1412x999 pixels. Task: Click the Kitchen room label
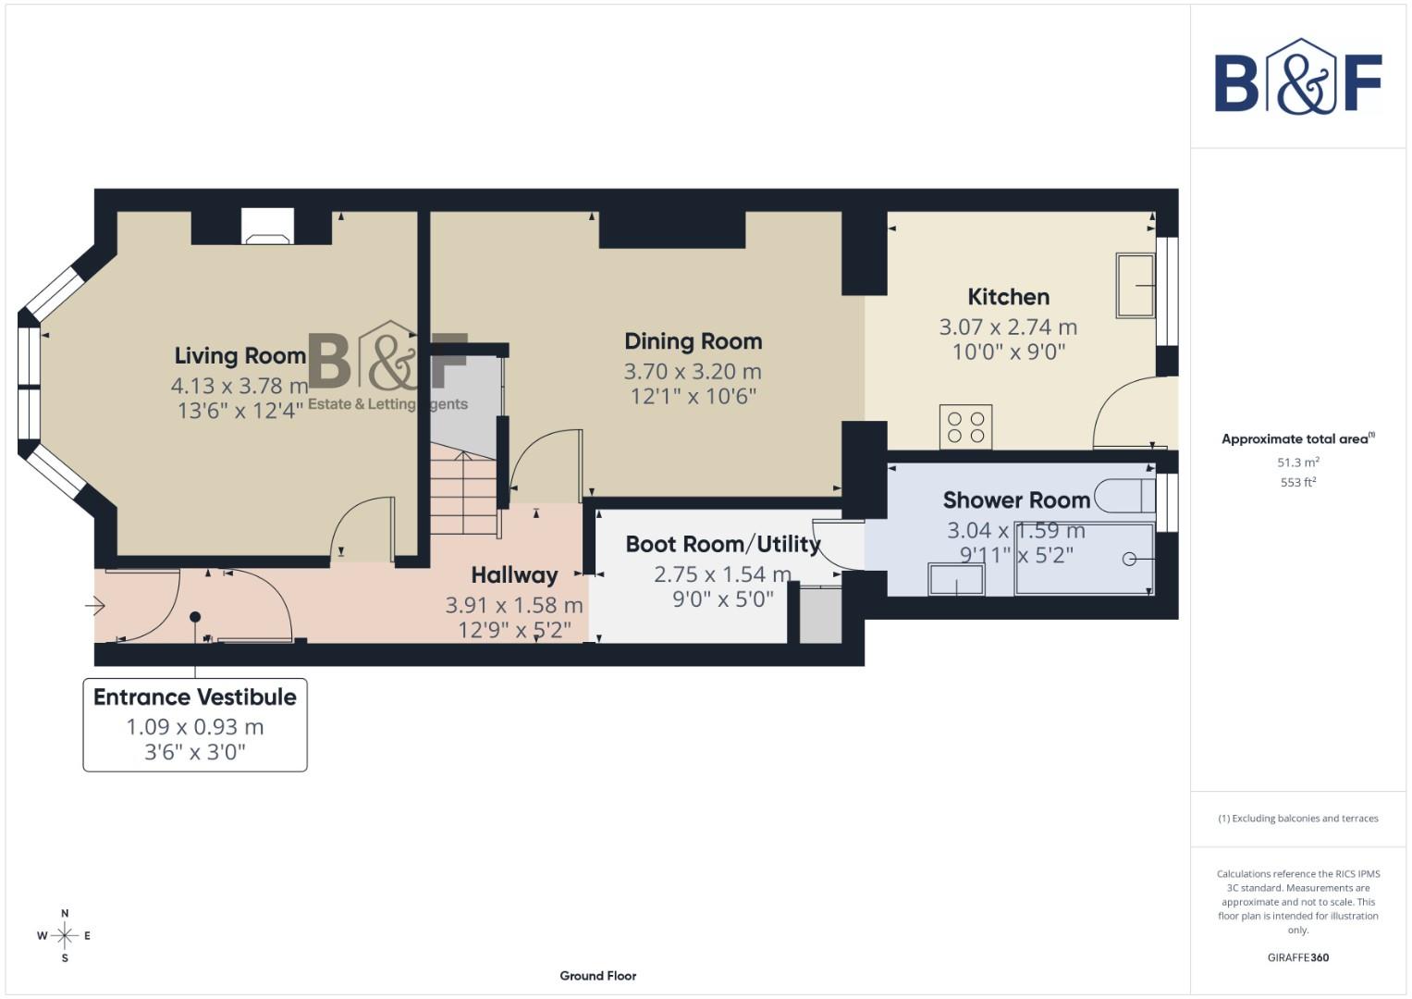coord(1008,297)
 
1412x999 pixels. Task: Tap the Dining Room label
coord(693,341)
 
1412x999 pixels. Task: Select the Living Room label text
coord(240,356)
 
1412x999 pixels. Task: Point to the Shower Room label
coord(1016,500)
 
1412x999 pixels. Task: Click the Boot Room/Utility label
coord(722,545)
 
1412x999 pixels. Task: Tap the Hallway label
coord(514,575)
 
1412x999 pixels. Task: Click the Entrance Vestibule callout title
coord(195,697)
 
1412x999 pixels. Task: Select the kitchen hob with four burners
coord(965,427)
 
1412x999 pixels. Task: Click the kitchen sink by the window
coord(1135,286)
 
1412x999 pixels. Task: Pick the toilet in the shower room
coord(1123,497)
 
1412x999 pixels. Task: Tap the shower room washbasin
coord(956,580)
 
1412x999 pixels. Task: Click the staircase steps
coord(464,490)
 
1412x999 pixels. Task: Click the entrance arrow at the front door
coord(95,607)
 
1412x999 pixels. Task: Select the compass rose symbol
coord(65,936)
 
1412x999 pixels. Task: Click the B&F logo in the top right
coord(1297,79)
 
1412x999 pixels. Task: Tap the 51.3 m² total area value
coord(1297,462)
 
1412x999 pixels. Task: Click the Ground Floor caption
coord(597,976)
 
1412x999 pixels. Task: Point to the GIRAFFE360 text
coord(1297,957)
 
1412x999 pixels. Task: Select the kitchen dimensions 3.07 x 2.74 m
coord(1008,327)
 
